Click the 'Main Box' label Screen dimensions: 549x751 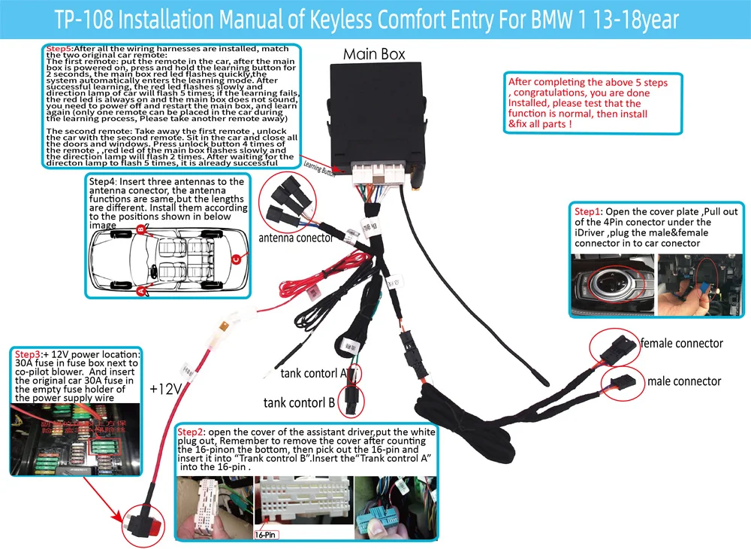(374, 54)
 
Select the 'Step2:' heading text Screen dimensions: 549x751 (192, 432)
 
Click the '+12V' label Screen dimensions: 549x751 (166, 389)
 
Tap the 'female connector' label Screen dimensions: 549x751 (681, 344)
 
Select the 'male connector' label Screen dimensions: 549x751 (683, 381)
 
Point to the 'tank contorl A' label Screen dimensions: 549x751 (313, 373)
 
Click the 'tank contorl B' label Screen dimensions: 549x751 (299, 402)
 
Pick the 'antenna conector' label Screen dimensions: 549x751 (295, 238)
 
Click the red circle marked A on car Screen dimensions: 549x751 (140, 292)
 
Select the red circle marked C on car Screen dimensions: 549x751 (235, 260)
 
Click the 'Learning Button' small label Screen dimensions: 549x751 (321, 168)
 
